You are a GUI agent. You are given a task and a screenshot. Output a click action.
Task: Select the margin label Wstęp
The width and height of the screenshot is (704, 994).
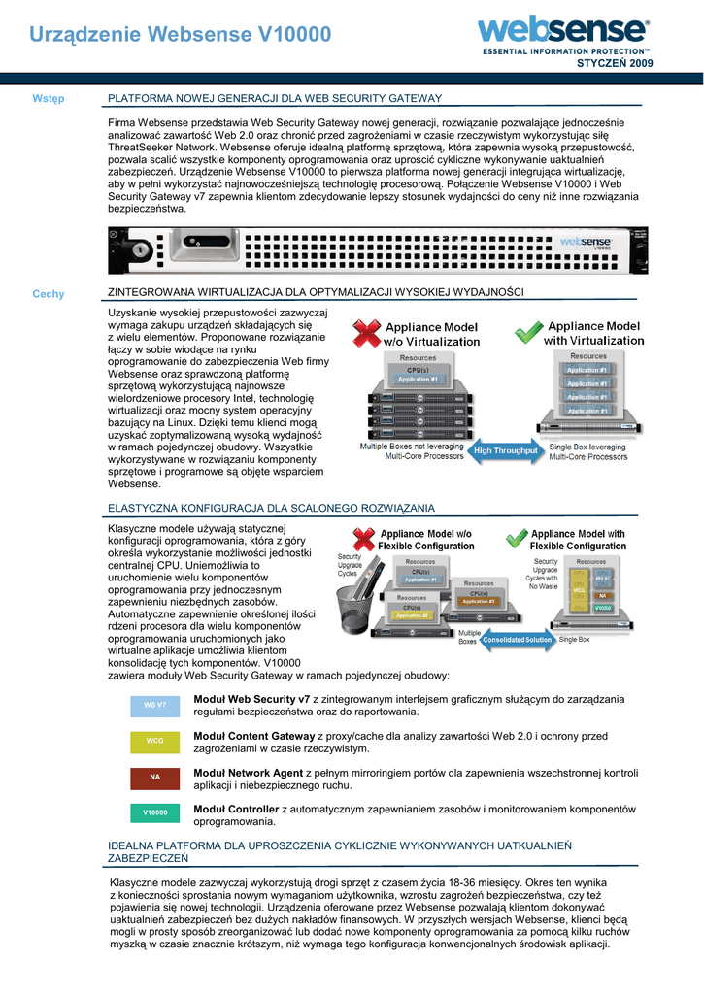tap(48, 98)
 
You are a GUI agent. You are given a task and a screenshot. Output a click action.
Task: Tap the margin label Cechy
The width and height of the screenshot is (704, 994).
tap(48, 293)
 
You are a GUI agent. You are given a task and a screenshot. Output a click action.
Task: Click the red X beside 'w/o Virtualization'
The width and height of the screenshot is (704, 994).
tap(366, 333)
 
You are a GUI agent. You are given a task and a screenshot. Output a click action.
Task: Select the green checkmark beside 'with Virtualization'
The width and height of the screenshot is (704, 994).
tap(527, 333)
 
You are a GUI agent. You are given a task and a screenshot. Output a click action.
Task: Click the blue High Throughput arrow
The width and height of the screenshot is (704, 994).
tap(505, 450)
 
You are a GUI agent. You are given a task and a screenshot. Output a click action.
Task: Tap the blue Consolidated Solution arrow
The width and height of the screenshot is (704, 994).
tap(518, 640)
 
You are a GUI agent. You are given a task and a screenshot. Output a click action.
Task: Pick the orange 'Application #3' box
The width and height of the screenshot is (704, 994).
tap(478, 602)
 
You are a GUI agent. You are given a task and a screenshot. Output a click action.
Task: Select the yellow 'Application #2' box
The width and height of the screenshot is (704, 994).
tap(412, 615)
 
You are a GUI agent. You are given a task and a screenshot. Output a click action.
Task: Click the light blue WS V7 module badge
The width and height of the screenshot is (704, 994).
tap(155, 704)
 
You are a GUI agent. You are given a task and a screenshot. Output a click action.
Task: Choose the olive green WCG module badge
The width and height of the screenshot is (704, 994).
tap(155, 741)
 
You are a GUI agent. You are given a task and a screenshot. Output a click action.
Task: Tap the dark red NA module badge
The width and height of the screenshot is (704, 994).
tap(155, 777)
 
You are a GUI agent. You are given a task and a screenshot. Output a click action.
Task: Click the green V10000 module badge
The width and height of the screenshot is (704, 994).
tap(155, 812)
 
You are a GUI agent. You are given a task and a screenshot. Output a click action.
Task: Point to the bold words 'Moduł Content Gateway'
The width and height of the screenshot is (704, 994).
tap(254, 736)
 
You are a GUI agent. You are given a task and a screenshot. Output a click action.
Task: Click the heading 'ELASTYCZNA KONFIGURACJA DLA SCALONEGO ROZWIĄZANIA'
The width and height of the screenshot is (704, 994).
tap(271, 508)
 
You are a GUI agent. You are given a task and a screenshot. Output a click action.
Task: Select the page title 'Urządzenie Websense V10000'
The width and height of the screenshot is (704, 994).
tap(181, 35)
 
